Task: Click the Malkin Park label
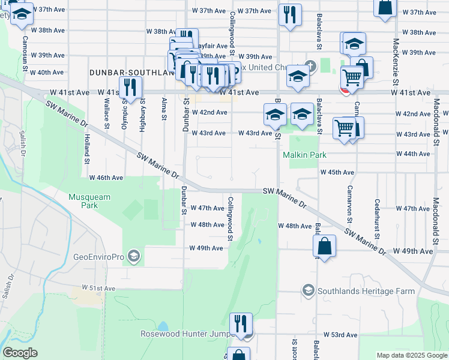[x=304, y=155]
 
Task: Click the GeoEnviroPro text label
[x=98, y=256]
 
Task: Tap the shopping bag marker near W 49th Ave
[x=324, y=246]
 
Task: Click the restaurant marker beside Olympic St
[x=130, y=88]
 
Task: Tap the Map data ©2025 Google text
[x=412, y=355]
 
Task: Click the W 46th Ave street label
[x=106, y=178]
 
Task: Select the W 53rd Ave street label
[x=340, y=335]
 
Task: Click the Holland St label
[x=87, y=149]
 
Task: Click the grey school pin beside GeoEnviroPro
[x=133, y=256]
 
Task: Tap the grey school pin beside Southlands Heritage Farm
[x=308, y=291]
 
